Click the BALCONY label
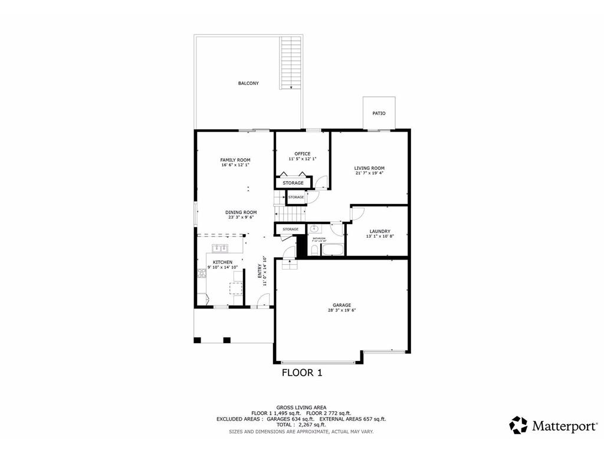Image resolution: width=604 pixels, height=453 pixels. [248, 83]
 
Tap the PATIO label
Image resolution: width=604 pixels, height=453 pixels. [379, 113]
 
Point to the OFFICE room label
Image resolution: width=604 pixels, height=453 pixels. [303, 154]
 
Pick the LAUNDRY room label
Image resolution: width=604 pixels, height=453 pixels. [380, 231]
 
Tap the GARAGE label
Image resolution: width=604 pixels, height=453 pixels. [342, 305]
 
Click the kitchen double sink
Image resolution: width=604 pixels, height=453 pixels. [221, 248]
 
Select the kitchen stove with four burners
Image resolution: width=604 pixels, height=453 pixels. [202, 273]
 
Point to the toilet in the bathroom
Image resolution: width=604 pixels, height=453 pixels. [314, 251]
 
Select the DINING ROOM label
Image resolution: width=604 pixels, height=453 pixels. [241, 212]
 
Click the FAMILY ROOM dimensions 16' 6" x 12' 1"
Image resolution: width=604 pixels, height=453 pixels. [235, 165]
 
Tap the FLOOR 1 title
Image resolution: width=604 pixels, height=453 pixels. [302, 372]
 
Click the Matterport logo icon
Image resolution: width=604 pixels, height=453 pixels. [518, 425]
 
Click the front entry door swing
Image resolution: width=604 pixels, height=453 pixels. [264, 303]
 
